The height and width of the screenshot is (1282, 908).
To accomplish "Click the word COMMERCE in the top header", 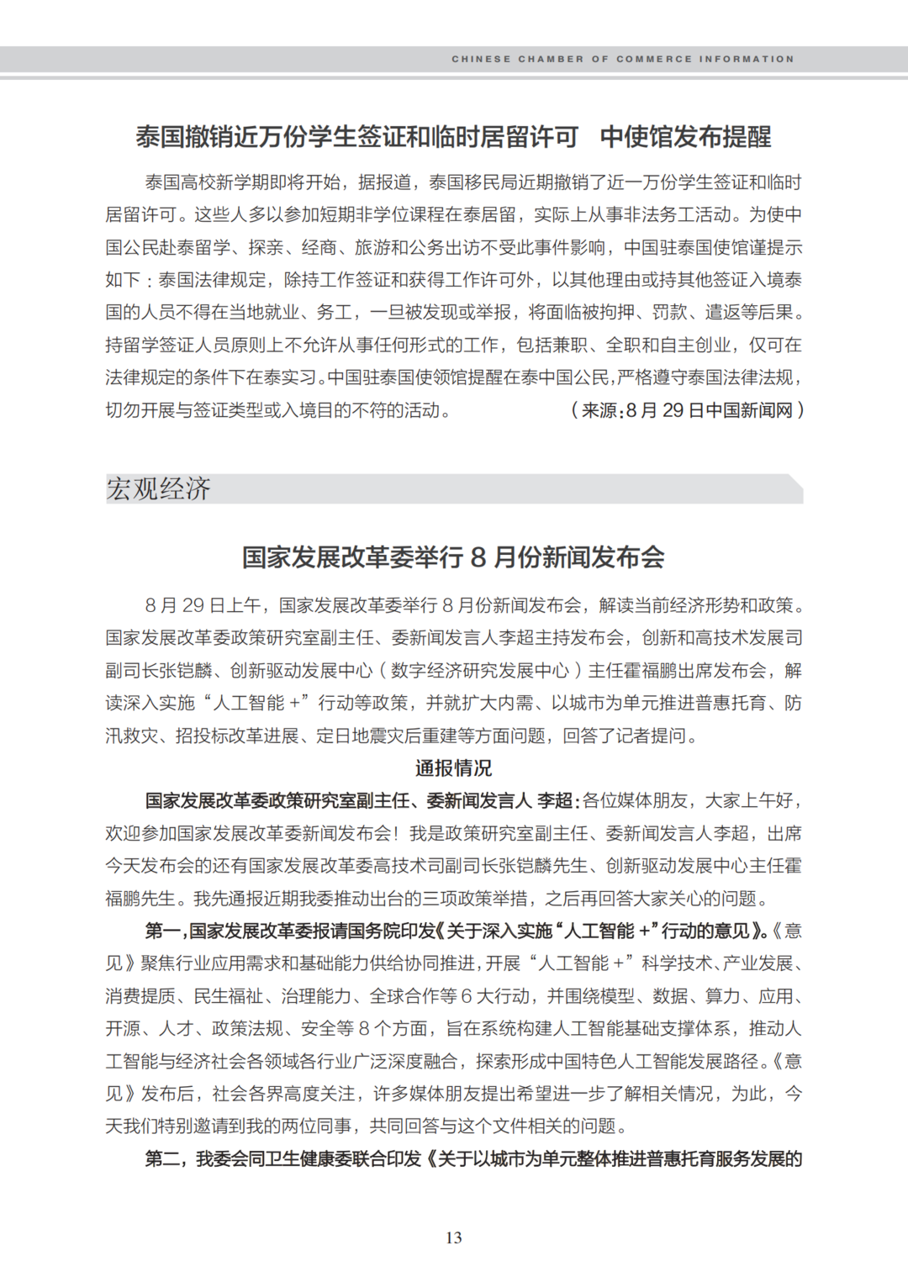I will (654, 59).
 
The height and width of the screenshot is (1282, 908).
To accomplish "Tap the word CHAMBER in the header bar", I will (551, 59).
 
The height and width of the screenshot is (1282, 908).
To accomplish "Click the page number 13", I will (454, 1237).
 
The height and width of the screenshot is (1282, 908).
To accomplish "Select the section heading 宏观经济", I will (159, 489).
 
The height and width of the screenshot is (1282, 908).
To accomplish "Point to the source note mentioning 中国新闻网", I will (687, 410).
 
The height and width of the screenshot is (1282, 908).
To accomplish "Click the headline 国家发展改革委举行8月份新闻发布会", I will (453, 557).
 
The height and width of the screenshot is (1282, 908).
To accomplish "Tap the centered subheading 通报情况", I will (453, 768).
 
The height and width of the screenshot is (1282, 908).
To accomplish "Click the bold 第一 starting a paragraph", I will (163, 931).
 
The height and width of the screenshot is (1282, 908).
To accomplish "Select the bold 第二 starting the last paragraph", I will (163, 1159).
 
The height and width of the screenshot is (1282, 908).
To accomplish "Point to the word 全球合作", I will (405, 997).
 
